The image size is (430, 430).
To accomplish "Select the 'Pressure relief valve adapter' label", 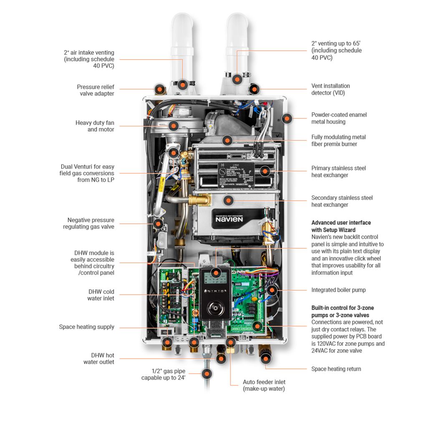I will [95, 90].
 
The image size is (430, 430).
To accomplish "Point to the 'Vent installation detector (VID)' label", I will [331, 89].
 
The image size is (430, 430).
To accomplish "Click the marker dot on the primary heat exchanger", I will [264, 171].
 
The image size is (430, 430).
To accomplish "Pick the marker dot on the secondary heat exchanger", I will [228, 200].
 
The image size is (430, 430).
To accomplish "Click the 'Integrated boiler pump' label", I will [338, 290].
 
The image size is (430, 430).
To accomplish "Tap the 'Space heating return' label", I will [336, 369].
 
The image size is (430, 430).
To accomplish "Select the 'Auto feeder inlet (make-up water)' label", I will [264, 385].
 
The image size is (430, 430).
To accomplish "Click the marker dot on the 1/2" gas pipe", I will [206, 374].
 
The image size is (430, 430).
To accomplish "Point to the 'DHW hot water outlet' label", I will [99, 359].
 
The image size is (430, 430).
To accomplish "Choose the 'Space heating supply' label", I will [86, 327].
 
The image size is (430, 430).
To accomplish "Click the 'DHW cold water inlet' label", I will [101, 295].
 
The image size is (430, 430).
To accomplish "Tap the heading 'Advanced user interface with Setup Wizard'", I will [341, 226].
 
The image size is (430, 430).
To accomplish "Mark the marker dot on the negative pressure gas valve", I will [158, 223].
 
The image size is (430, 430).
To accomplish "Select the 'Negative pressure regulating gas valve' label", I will [89, 223].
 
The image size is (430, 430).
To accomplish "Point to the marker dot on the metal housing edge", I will [286, 118].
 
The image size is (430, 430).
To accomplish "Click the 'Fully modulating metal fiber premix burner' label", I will [338, 140].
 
